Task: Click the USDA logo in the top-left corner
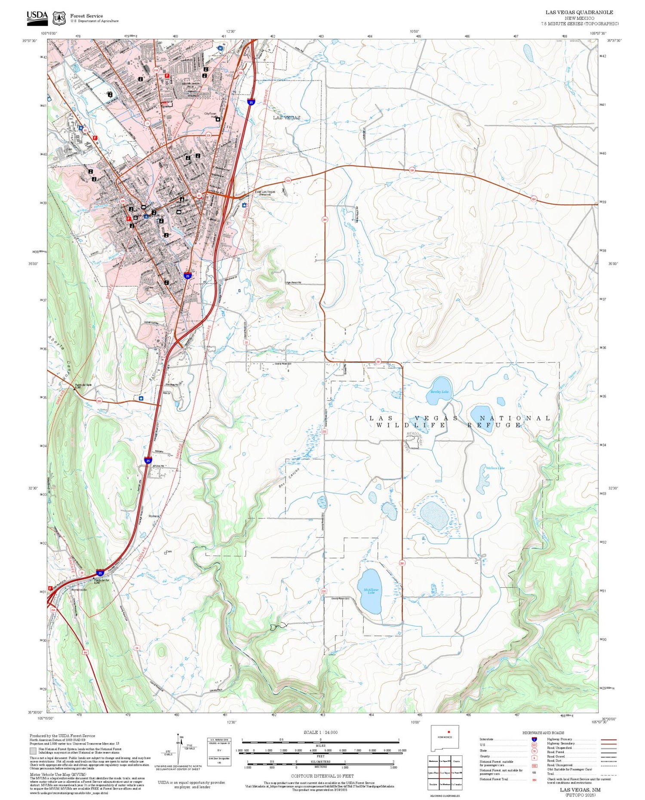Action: [x=37, y=18]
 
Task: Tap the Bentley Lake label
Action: [x=439, y=392]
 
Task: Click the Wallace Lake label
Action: [x=495, y=468]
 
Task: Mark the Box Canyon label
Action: [x=294, y=476]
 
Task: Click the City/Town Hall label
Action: [x=210, y=115]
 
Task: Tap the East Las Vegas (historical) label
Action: [x=265, y=192]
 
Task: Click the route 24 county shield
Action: [x=137, y=647]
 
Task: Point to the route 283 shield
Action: [x=99, y=401]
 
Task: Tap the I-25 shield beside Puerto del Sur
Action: [x=100, y=573]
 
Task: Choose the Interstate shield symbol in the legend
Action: [x=534, y=739]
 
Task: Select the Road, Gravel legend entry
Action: [x=556, y=757]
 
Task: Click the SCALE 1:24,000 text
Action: [x=320, y=733]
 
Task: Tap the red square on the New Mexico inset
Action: [x=448, y=731]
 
